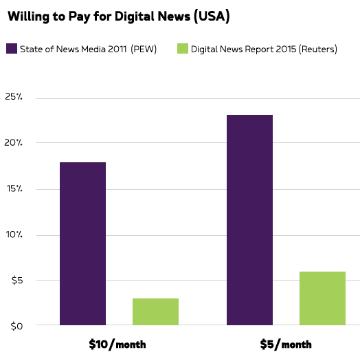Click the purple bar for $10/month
pos(82,243)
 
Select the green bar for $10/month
pos(155,311)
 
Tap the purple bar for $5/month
pos(249,220)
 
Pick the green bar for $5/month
pos(322,298)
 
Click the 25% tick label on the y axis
pos(14,98)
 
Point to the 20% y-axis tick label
pos(14,143)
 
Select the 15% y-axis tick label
pos(14,189)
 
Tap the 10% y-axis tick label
pos(14,234)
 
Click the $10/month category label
pos(117,344)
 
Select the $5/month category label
pos(286,344)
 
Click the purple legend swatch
pos(12,49)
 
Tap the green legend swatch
pos(182,49)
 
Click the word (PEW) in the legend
pos(144,50)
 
